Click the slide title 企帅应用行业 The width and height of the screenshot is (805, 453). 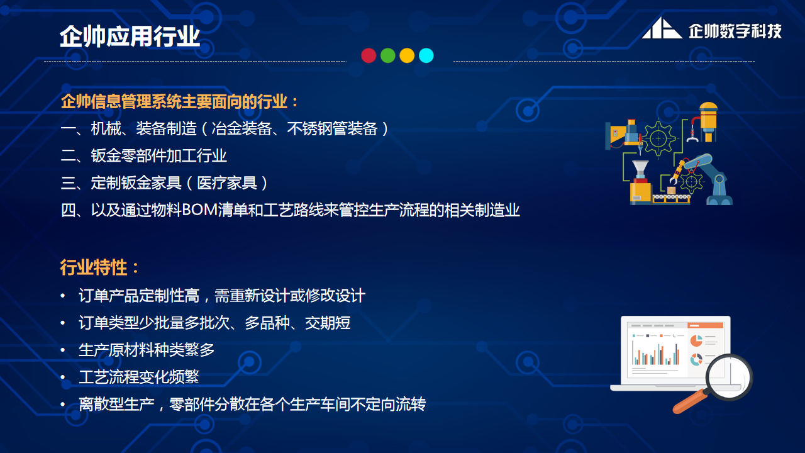(x=130, y=36)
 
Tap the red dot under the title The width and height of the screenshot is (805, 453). (x=369, y=55)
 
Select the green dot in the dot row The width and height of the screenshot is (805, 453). (x=388, y=55)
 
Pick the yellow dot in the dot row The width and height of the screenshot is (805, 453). (x=407, y=55)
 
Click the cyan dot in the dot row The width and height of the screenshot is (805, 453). (x=426, y=55)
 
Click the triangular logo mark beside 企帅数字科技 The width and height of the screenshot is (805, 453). (x=662, y=29)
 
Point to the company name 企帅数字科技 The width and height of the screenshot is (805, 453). (x=735, y=30)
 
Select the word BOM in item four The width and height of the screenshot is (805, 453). (x=197, y=210)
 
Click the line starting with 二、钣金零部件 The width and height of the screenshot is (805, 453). (x=144, y=156)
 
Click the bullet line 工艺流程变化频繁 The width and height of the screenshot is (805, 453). (x=139, y=376)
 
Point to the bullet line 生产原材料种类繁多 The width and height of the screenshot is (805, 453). (x=147, y=349)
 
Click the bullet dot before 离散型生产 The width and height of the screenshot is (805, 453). (x=63, y=404)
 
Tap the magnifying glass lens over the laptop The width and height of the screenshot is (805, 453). (x=729, y=377)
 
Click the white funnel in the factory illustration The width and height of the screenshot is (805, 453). (x=640, y=169)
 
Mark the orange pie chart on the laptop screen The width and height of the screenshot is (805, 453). (x=696, y=340)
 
